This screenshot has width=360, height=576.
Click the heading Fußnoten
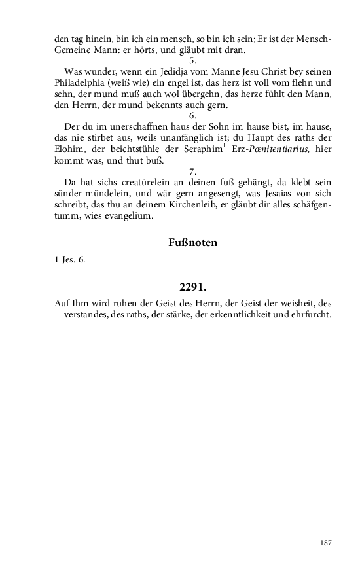click(x=192, y=242)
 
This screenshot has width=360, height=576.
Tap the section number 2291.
click(x=192, y=287)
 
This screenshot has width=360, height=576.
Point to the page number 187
click(x=326, y=543)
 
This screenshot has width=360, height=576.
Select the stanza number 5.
click(x=192, y=60)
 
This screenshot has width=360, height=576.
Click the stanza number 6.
click(x=192, y=116)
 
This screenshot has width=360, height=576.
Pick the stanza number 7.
click(x=192, y=171)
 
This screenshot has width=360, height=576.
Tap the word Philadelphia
click(x=80, y=82)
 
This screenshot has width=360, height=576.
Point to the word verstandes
click(x=88, y=314)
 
